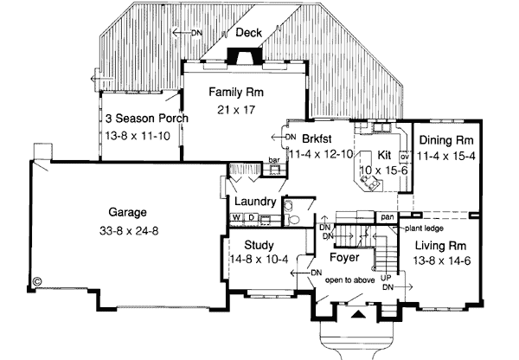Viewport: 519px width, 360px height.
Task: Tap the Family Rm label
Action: point(235,91)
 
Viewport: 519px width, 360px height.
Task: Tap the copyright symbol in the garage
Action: point(37,280)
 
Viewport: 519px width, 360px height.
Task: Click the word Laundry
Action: point(255,202)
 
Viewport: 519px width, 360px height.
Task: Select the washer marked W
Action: point(236,217)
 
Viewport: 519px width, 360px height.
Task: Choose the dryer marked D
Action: point(252,217)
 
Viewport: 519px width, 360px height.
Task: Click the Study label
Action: point(259,245)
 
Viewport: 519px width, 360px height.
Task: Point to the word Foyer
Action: point(345,257)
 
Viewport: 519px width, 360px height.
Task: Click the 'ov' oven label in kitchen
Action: point(403,157)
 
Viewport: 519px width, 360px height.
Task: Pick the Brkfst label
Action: point(318,138)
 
